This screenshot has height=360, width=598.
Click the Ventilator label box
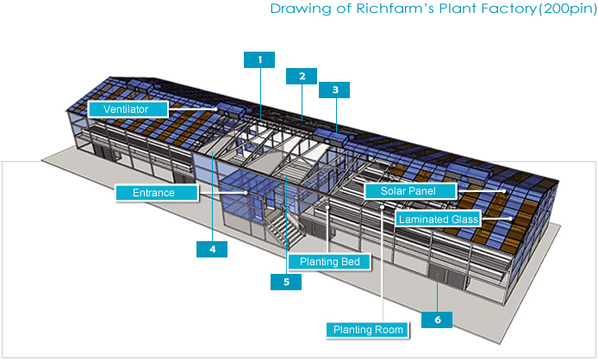click(128, 109)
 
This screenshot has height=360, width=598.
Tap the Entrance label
click(157, 193)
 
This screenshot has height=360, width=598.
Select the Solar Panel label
click(410, 191)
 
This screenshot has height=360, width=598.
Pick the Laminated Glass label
click(438, 219)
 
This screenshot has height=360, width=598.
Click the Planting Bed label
click(329, 262)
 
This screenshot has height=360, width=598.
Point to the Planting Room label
click(368, 330)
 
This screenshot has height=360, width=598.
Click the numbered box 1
click(259, 60)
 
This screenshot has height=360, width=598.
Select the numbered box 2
click(302, 77)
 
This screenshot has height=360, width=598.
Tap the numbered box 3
click(334, 90)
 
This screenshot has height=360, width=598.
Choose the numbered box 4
click(212, 249)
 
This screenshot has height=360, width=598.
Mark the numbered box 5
click(286, 282)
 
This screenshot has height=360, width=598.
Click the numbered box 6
click(437, 320)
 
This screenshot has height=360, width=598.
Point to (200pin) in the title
click(568, 9)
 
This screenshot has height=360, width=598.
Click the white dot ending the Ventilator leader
click(215, 109)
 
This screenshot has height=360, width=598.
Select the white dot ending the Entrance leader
click(246, 193)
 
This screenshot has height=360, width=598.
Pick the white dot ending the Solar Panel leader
click(504, 191)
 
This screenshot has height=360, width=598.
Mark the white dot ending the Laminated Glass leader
click(510, 219)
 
